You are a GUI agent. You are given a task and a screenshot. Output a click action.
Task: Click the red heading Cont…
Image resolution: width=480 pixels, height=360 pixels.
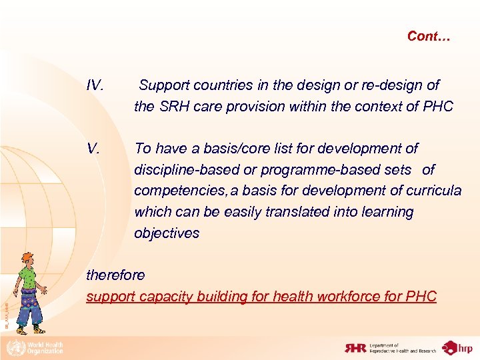click(x=429, y=37)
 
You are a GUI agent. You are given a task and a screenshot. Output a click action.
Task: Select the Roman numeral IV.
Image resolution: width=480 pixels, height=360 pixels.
click(x=95, y=85)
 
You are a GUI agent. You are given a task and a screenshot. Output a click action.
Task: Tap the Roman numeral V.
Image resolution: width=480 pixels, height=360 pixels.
click(x=93, y=148)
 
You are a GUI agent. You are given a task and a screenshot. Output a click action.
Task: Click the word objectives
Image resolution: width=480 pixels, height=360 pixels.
click(x=167, y=233)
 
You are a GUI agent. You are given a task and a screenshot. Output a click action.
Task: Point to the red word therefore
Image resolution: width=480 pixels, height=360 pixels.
click(x=115, y=275)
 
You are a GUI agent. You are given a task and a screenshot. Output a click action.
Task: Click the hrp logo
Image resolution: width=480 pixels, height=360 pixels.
click(x=459, y=347)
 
